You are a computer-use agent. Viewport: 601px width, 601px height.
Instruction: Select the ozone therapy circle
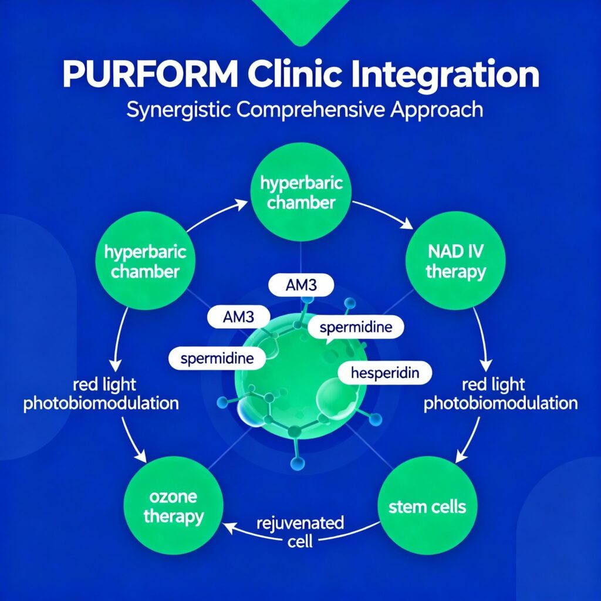point(173,508)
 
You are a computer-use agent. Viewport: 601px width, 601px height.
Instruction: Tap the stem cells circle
point(427,505)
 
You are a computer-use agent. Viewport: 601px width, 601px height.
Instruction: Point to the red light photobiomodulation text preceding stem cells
point(501,394)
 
